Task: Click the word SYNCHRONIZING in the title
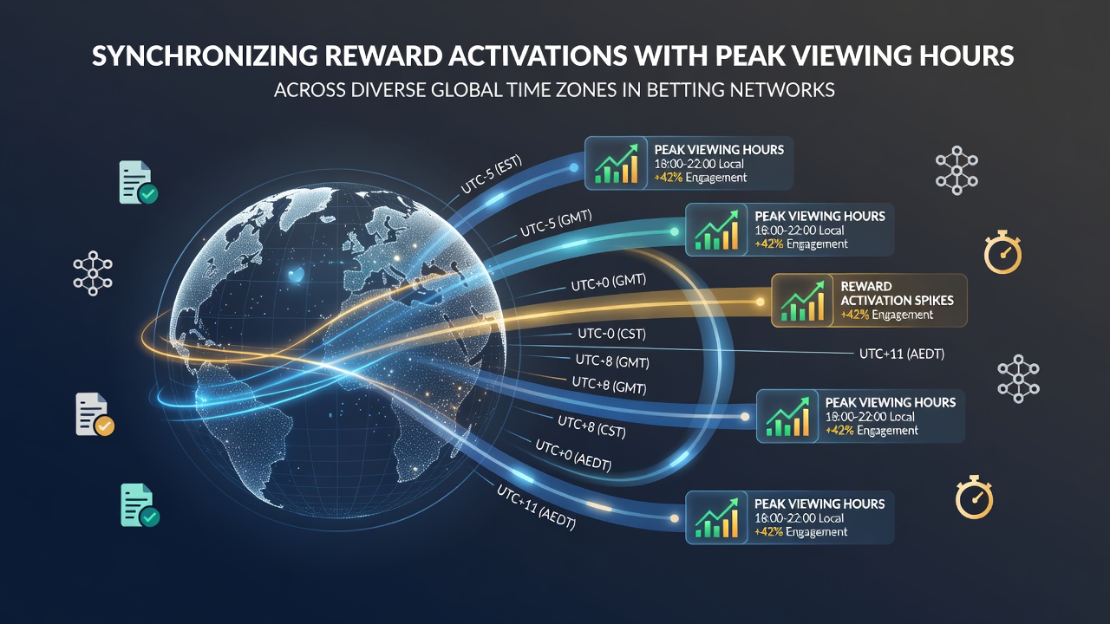(205, 56)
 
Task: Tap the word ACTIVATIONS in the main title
(539, 56)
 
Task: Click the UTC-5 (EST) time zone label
(491, 176)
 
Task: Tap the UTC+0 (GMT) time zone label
(609, 283)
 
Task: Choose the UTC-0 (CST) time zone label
(612, 334)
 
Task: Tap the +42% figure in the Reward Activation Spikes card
(855, 315)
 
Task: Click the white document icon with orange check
(95, 415)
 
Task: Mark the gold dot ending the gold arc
(760, 302)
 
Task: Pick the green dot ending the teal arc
(675, 231)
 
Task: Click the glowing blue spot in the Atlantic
(296, 275)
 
